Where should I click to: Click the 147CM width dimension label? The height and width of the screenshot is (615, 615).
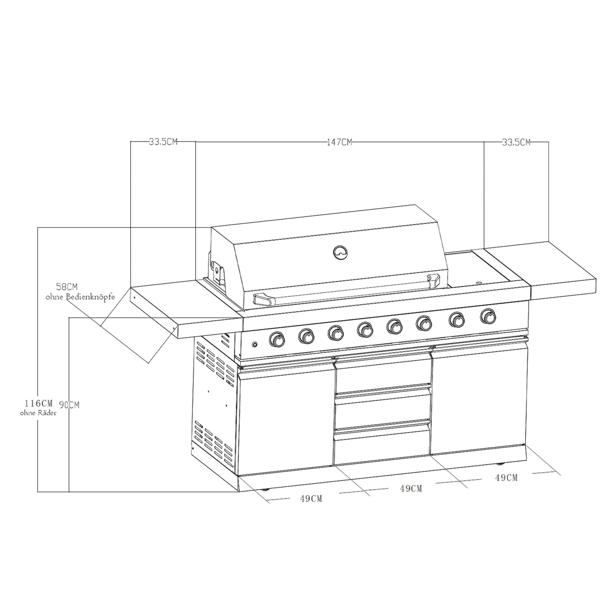tap(339, 142)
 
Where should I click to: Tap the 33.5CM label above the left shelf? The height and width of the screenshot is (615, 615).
tap(163, 142)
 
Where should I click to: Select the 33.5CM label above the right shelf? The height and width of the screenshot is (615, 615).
tap(516, 142)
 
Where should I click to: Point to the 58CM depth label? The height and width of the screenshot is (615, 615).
tap(67, 286)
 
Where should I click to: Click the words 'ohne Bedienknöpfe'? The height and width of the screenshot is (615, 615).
tap(80, 297)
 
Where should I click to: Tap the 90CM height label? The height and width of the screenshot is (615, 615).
tap(69, 405)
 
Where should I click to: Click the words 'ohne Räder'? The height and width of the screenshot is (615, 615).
tap(38, 413)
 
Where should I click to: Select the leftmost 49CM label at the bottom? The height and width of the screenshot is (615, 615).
tap(311, 499)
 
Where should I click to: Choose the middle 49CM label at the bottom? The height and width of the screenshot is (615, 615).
tap(411, 488)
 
